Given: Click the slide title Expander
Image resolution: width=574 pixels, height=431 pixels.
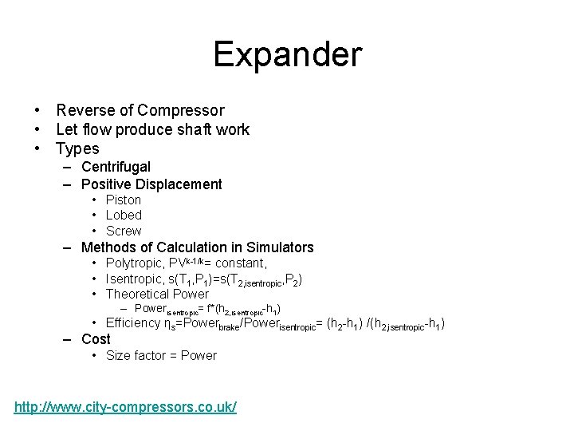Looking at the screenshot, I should (x=287, y=55).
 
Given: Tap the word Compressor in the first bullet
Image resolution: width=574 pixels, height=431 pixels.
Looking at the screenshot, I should (x=180, y=111).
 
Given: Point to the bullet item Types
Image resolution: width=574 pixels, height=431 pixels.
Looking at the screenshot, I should (x=77, y=149).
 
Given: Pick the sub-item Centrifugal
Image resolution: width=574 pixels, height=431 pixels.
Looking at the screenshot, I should (x=116, y=167).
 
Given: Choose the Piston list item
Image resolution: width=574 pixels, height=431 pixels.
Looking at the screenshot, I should (x=123, y=200).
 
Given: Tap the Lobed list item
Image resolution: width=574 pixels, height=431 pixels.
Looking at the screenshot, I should (x=124, y=215).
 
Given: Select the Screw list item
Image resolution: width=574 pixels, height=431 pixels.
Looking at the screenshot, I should (x=123, y=231).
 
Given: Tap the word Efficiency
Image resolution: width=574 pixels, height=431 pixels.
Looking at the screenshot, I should (x=132, y=323).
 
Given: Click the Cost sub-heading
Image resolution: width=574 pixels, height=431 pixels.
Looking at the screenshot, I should (x=96, y=339).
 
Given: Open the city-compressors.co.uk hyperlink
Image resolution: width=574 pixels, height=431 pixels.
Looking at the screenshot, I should (x=125, y=408).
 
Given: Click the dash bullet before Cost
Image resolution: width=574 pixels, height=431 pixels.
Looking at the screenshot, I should (x=69, y=339).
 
